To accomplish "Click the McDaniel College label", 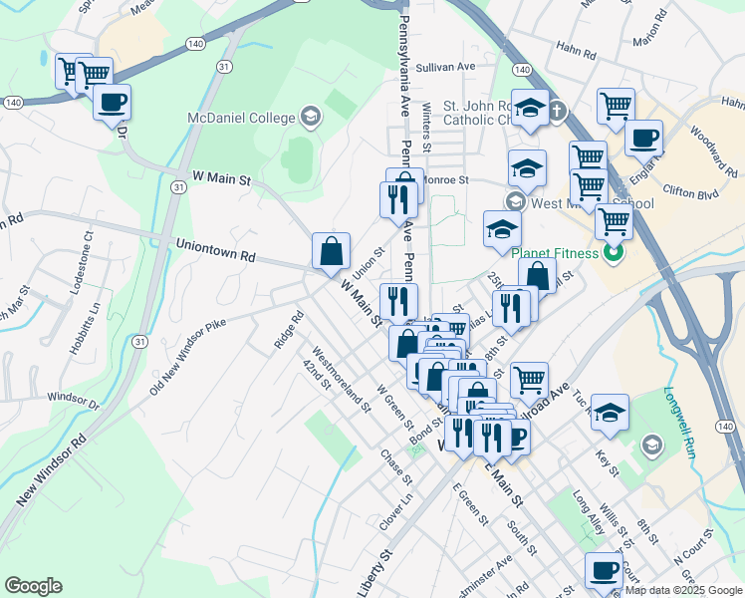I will click(x=241, y=119).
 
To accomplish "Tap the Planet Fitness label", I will click(x=558, y=253).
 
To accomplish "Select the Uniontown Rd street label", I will click(x=216, y=249).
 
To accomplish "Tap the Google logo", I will click(x=33, y=586).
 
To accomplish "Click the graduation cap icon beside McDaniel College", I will click(x=310, y=118).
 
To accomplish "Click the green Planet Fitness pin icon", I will click(x=614, y=253).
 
